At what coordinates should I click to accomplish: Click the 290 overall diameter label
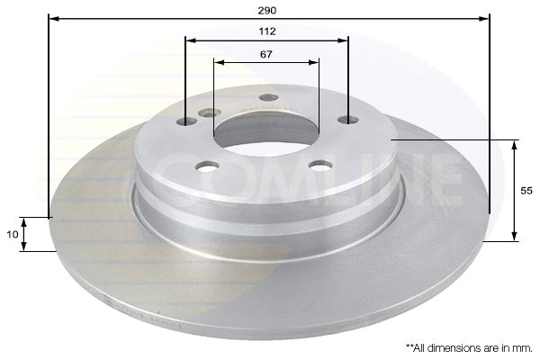click(x=267, y=11)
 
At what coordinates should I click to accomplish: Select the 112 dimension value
click(x=267, y=31)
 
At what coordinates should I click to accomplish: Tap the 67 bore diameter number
click(x=265, y=54)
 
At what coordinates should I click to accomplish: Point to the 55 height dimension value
click(x=526, y=191)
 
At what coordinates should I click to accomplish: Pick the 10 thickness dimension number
click(x=12, y=235)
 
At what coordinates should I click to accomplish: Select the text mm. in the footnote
click(x=522, y=348)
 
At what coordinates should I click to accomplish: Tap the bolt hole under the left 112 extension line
click(x=186, y=121)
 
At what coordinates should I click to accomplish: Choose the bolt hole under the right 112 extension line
click(x=347, y=120)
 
